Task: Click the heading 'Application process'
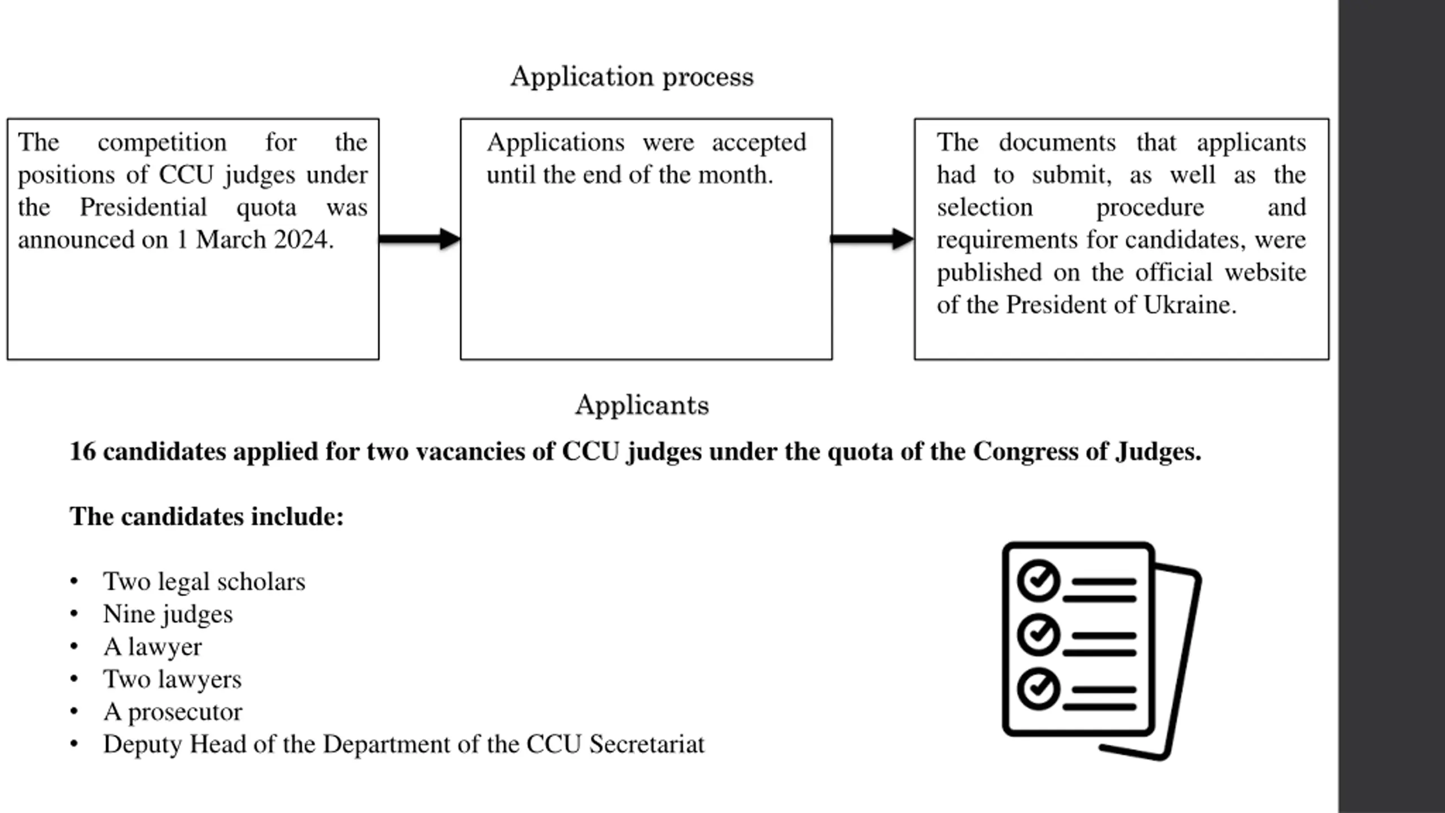coord(632,77)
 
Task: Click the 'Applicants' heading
coord(642,405)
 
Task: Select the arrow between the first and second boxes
coord(420,239)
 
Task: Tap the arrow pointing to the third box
coord(873,239)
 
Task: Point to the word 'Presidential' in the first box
coord(143,207)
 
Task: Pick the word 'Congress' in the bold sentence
coord(1025,452)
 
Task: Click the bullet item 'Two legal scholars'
coord(204,582)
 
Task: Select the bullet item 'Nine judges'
coord(168,614)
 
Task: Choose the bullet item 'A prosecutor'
coord(173,712)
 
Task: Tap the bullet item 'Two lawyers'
coord(172,679)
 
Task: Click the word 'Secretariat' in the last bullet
coord(647,744)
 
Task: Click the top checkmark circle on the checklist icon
coord(1038,580)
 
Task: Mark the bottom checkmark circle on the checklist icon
coord(1038,688)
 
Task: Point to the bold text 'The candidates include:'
coord(207,517)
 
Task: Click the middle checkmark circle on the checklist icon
coord(1038,634)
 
